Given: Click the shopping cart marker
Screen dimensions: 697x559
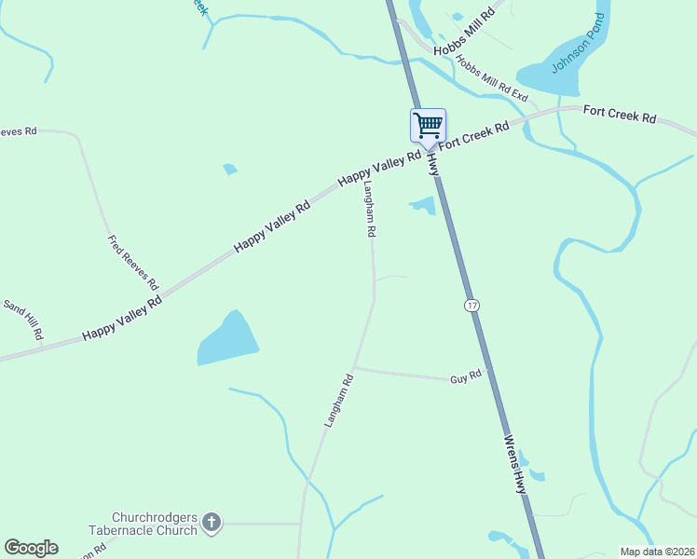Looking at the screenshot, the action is [428, 126].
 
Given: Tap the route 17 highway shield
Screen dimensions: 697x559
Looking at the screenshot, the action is [473, 306].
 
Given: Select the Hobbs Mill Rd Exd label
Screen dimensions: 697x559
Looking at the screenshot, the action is [491, 78].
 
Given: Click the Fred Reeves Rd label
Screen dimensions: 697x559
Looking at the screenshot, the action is [132, 262].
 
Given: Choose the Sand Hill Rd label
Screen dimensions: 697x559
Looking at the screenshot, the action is [24, 320].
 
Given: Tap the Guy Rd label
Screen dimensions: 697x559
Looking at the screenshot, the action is [465, 376].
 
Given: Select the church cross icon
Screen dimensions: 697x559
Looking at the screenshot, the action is [212, 523].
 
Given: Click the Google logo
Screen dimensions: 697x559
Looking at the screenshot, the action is [31, 548].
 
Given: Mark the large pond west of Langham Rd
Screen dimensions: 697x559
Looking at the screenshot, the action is [226, 339].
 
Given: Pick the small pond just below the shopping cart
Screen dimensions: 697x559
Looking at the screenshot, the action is [424, 205].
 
